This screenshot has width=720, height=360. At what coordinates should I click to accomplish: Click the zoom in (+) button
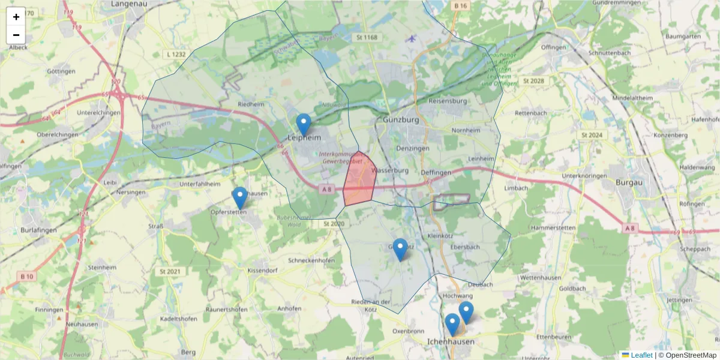click(16, 17)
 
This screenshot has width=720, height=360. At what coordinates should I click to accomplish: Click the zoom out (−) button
click(16, 35)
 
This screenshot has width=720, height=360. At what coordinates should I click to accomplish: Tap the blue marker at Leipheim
click(304, 124)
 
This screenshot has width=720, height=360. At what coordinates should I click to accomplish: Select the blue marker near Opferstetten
click(239, 197)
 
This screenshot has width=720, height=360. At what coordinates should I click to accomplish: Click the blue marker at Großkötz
click(400, 249)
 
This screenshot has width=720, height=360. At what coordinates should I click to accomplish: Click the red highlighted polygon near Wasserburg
click(359, 180)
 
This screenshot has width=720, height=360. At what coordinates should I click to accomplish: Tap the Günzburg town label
click(400, 120)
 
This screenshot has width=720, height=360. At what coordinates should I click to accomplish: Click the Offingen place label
click(553, 47)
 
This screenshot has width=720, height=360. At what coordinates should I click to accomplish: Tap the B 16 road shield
click(461, 5)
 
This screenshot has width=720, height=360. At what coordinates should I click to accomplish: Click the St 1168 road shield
click(367, 38)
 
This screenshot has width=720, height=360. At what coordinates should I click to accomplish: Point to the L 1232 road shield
click(175, 54)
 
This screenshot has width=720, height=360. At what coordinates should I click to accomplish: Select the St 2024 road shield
click(591, 135)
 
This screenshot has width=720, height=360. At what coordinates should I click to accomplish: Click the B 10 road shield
click(26, 276)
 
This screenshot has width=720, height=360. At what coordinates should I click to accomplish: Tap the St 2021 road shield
click(170, 272)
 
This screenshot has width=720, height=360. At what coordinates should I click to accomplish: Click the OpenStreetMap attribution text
click(688, 355)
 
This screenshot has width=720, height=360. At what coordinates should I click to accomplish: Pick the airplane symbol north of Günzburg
click(410, 39)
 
